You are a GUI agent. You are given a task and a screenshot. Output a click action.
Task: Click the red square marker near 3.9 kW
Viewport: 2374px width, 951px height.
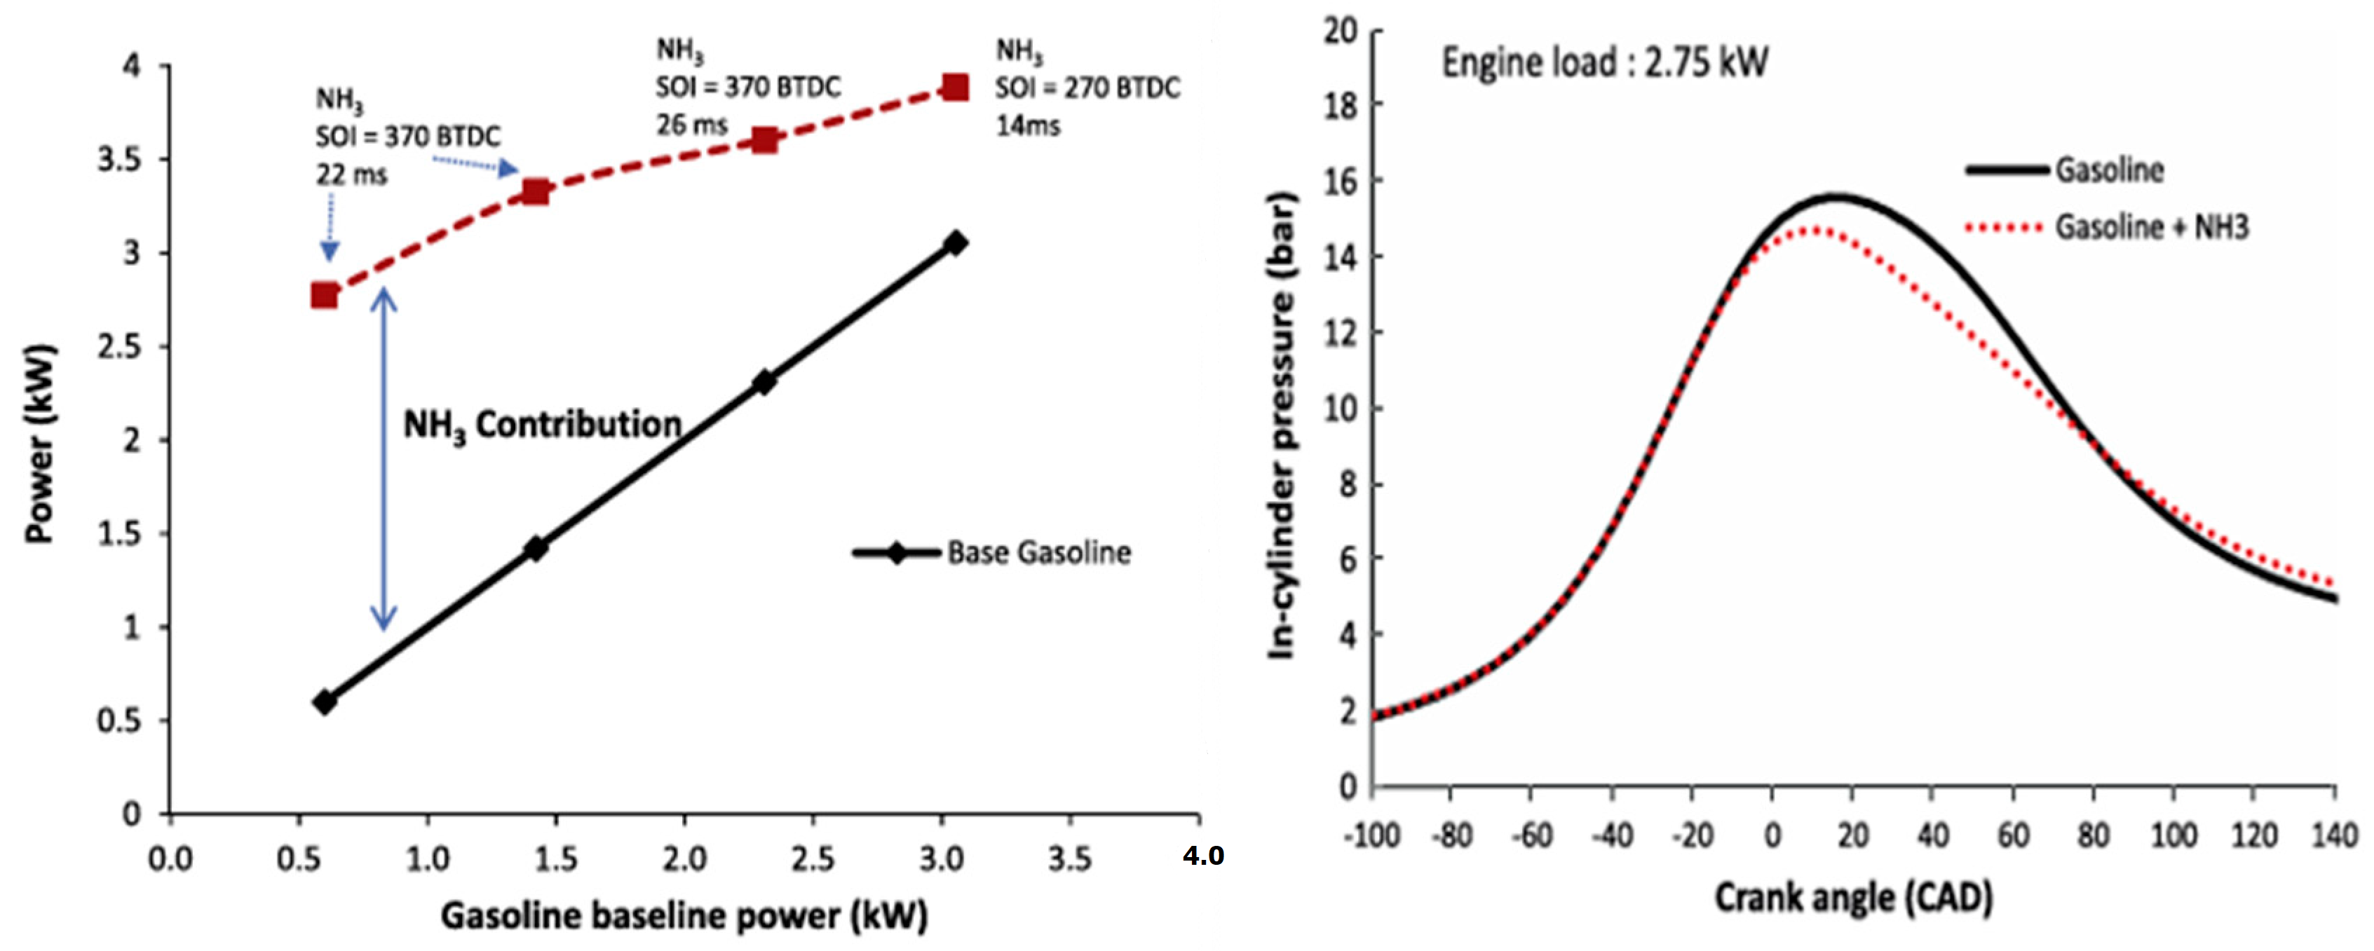(x=956, y=88)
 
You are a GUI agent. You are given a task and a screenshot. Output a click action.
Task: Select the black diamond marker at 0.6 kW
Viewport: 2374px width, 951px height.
(x=325, y=702)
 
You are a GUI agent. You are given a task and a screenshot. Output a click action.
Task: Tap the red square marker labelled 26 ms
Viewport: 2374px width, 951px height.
(x=764, y=140)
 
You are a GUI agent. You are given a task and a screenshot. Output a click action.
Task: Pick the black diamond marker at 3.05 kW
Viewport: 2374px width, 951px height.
(x=956, y=243)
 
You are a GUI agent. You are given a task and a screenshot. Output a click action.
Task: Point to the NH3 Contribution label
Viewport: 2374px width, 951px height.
(x=542, y=425)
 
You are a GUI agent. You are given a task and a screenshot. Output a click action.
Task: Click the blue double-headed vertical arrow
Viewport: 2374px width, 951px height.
(x=384, y=459)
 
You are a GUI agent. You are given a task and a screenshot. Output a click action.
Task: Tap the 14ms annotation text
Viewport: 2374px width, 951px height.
(x=1028, y=125)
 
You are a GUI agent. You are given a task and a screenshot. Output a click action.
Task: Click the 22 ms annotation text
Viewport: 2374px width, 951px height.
(x=351, y=175)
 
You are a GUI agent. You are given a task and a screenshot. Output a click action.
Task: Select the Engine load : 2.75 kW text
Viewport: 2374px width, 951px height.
(x=1603, y=62)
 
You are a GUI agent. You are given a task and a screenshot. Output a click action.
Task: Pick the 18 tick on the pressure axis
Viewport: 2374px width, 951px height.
(x=1341, y=105)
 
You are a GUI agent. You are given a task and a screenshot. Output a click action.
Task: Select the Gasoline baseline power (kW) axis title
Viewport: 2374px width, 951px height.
(x=684, y=916)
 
